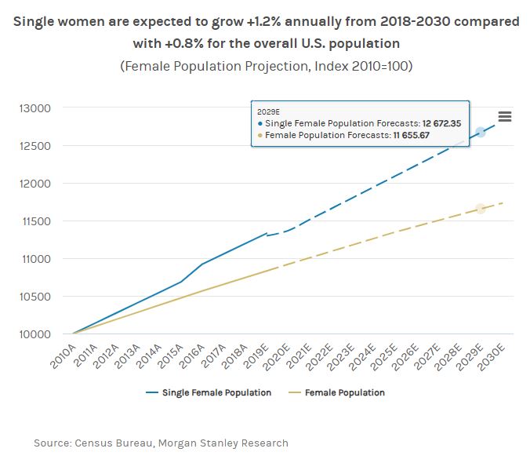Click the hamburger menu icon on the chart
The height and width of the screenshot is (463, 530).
[505, 116]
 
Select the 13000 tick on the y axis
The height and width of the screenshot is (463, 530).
[34, 108]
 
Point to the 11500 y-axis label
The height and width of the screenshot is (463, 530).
[34, 221]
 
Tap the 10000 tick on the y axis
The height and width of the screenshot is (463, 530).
[34, 334]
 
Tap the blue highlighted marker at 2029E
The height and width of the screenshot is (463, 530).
[480, 132]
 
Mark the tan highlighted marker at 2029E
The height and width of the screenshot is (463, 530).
[480, 209]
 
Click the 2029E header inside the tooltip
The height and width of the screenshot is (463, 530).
[268, 111]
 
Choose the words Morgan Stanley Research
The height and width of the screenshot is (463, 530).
[231, 443]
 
